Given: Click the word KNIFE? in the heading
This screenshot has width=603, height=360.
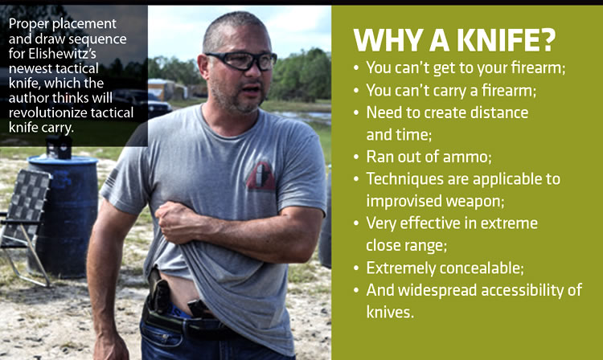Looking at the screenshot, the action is tap(506, 39).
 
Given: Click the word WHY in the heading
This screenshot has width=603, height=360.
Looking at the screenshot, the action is tap(387, 39).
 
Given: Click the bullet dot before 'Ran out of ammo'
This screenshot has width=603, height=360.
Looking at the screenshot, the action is tap(356, 157).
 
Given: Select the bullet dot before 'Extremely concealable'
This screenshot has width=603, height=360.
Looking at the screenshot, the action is tap(356, 268).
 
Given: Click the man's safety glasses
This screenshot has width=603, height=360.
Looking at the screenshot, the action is tap(241, 61).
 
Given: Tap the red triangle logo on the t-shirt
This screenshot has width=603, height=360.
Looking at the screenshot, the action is tap(260, 176).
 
